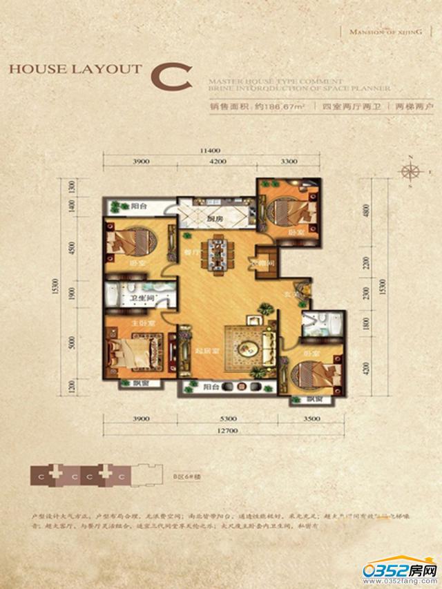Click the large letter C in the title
pos(171,75)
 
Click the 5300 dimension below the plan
pos(221,418)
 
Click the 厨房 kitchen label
pos(214,220)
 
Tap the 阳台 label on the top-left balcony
pos(140,206)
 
